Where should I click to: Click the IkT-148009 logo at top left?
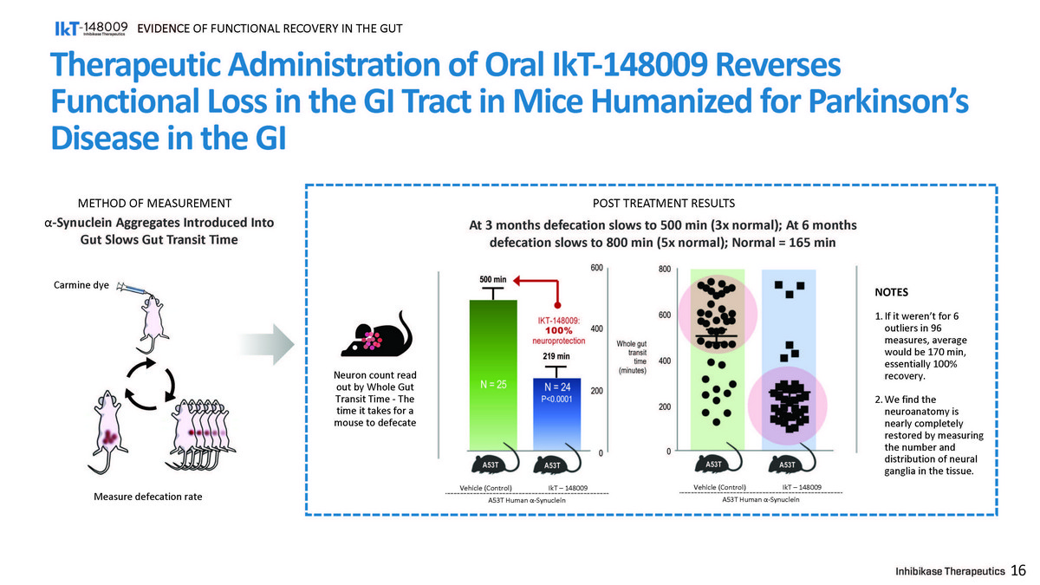[x=91, y=29]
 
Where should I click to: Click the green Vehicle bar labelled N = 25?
[x=492, y=373]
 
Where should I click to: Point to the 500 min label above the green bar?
[x=492, y=279]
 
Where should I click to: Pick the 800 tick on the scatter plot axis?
[x=663, y=269]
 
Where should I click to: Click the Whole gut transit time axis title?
[x=632, y=357]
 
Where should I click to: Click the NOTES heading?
[x=892, y=293]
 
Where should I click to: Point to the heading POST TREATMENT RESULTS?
[x=663, y=204]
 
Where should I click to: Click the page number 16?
[x=1018, y=570]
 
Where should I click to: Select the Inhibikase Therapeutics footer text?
[x=950, y=571]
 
